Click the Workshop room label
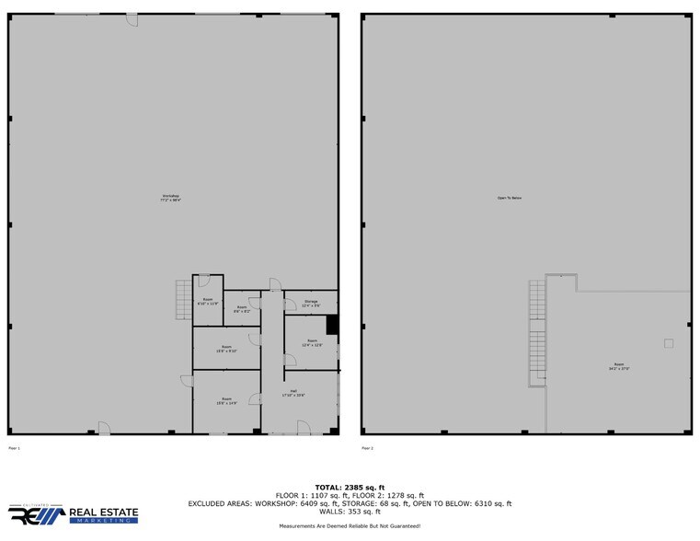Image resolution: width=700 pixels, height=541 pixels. (171, 198)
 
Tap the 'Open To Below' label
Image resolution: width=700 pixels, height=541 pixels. (510, 198)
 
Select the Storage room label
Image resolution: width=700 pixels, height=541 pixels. (311, 304)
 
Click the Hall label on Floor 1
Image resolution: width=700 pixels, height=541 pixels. (293, 393)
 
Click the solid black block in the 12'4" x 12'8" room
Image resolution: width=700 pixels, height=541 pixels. (332, 325)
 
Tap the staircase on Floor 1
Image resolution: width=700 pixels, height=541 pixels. (182, 301)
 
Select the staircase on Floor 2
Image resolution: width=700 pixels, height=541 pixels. (537, 331)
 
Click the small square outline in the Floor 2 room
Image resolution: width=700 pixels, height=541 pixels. (669, 343)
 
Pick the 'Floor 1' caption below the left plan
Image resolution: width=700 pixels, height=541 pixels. (14, 448)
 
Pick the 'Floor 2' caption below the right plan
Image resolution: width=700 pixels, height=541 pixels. (367, 448)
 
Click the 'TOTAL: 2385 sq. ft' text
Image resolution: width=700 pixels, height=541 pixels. (350, 487)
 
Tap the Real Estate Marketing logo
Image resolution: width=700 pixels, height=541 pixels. (74, 513)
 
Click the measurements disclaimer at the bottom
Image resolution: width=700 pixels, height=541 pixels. (350, 525)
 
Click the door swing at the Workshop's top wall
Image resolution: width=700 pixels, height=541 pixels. (132, 19)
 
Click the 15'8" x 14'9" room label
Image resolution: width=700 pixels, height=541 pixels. (226, 401)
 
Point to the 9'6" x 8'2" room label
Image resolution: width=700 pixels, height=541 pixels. (242, 309)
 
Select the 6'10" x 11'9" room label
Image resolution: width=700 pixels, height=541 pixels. (208, 301)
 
